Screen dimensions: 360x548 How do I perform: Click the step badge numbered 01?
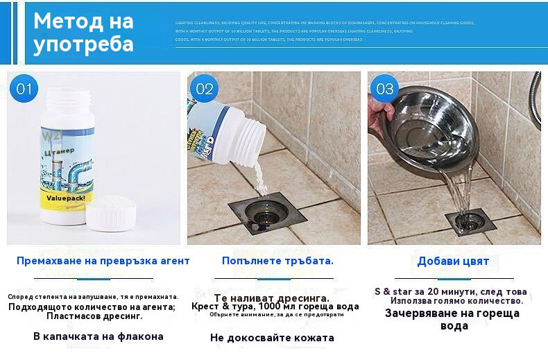[x=25, y=89]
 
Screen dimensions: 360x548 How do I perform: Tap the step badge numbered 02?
[x=205, y=89]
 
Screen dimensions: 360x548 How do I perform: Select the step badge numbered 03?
[x=384, y=89]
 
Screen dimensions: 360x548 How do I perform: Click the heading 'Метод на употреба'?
[x=83, y=33]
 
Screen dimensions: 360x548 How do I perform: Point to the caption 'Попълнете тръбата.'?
[x=277, y=261]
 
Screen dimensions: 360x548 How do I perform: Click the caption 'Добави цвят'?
[x=453, y=262]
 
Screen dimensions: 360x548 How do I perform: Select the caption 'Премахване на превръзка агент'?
[x=103, y=261]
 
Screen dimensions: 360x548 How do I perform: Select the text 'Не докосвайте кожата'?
[x=272, y=338]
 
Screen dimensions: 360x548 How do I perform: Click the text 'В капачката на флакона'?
[x=99, y=336]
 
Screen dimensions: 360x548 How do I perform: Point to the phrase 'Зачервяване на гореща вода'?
[x=452, y=319]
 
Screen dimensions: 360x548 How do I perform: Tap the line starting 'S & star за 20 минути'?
[x=450, y=291]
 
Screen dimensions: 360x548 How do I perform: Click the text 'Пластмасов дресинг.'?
[x=94, y=316]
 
